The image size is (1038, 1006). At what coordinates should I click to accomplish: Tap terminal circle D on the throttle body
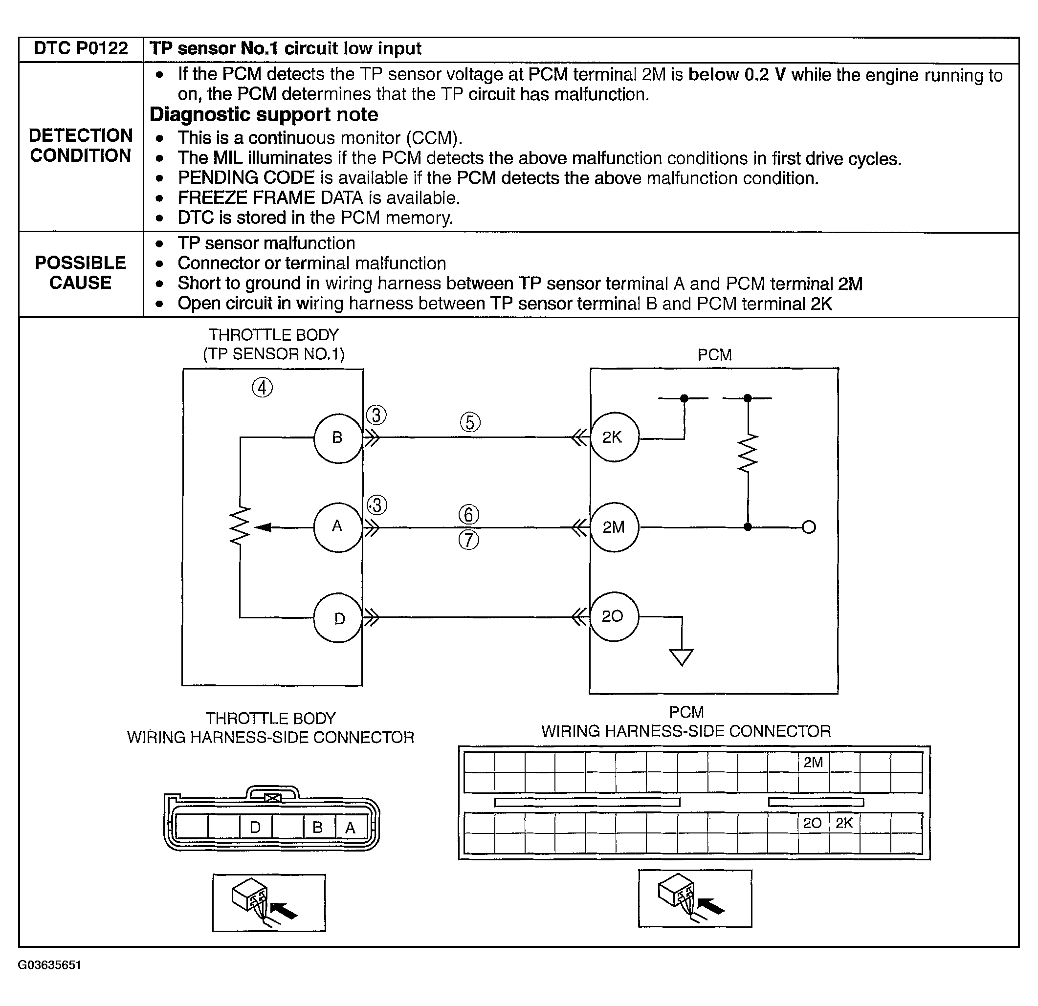tap(338, 618)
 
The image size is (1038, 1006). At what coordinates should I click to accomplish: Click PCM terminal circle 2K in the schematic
tap(614, 437)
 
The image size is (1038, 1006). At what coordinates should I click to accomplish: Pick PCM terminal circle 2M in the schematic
tap(614, 527)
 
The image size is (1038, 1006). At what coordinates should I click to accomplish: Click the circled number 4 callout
tap(262, 388)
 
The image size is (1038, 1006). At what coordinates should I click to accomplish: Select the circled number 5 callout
tap(470, 422)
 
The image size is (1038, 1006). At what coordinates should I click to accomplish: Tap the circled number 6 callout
tap(469, 514)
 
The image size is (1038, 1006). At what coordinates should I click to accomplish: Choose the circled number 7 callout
tap(469, 540)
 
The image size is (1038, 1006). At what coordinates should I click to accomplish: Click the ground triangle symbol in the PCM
tap(682, 656)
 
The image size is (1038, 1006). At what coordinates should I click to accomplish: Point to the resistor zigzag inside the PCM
tap(748, 453)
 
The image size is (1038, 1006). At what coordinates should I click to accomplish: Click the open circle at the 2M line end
tap(809, 527)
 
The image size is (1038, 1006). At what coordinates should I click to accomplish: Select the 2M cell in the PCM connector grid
tap(814, 763)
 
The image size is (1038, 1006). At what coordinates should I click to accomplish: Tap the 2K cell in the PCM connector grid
tap(844, 823)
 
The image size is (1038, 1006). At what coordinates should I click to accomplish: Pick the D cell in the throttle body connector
tap(255, 827)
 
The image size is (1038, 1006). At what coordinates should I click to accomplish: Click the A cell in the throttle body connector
tap(351, 827)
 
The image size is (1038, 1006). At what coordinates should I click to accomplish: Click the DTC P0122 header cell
tap(81, 49)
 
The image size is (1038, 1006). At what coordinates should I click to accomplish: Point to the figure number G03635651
tap(50, 965)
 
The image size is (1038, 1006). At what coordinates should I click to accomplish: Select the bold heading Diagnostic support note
tap(264, 115)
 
